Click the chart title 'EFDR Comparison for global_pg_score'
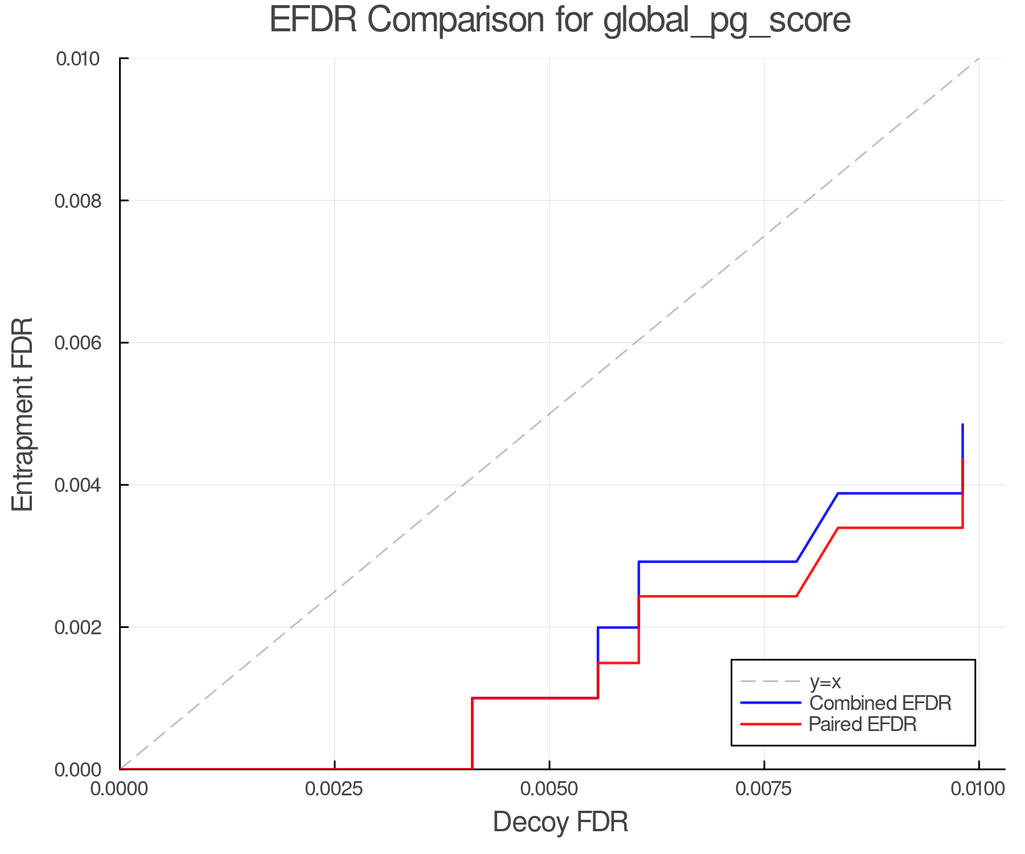[560, 20]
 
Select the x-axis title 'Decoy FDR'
[560, 822]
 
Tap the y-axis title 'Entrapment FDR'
[23, 414]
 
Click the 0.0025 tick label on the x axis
[334, 789]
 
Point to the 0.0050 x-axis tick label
[549, 789]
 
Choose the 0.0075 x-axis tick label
[764, 789]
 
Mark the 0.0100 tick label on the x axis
[978, 789]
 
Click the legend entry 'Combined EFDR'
[880, 703]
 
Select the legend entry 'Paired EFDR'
[863, 724]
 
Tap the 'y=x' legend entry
[825, 681]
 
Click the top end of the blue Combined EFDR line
[962, 425]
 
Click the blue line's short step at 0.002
[618, 627]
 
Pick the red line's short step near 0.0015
[618, 663]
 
